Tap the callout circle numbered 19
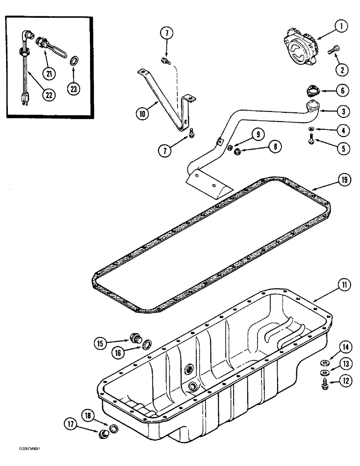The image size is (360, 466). pos(344,180)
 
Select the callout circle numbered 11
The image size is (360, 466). pos(343,284)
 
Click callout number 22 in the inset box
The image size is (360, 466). pos(49,95)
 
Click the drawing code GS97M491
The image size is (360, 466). pos(18,459)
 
